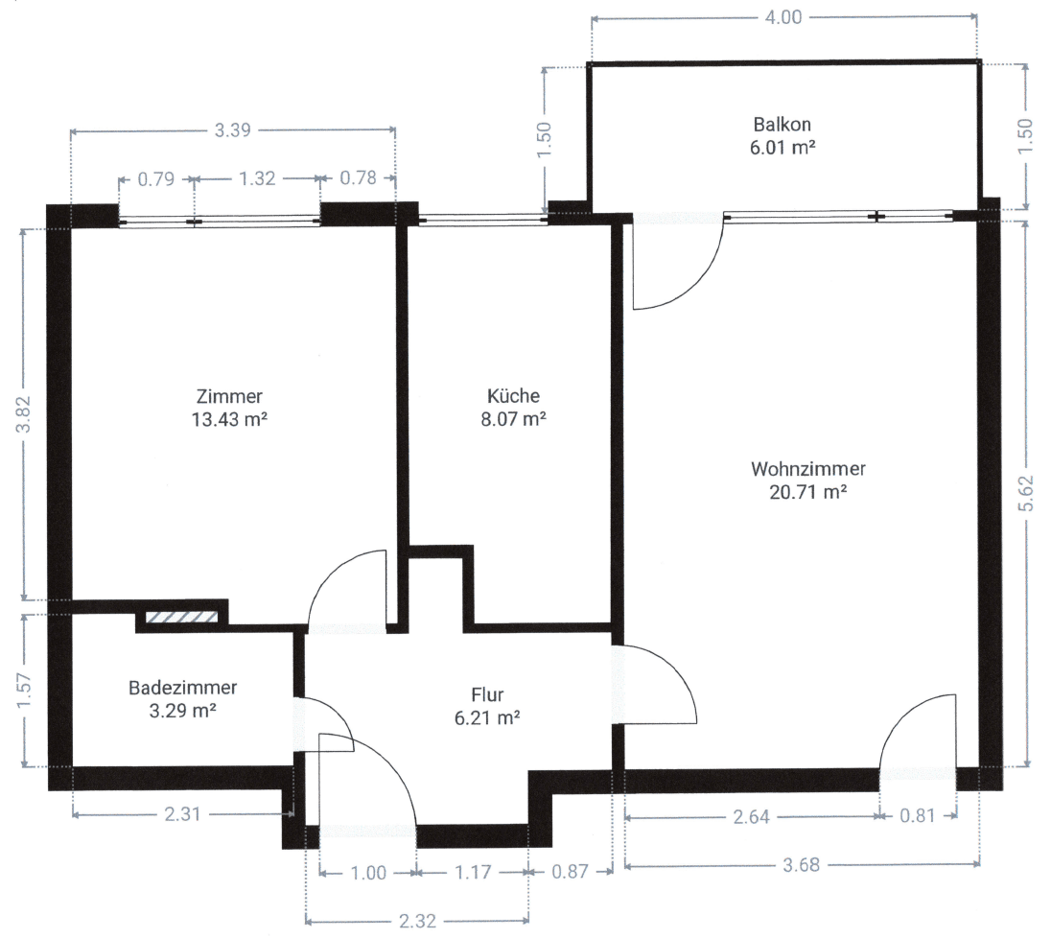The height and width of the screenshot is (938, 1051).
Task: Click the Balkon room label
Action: (782, 124)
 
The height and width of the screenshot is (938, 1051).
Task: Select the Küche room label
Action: (513, 395)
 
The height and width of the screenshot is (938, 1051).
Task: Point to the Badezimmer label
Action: (182, 688)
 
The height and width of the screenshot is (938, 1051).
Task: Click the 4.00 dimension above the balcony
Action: (783, 17)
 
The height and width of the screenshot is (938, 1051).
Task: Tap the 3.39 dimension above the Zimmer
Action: (233, 130)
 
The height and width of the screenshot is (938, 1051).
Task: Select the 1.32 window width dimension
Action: (256, 177)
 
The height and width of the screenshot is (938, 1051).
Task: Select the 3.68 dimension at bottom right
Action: (802, 864)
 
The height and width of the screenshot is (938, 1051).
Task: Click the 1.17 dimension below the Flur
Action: (471, 873)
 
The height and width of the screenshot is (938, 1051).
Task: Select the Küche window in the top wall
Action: (476, 219)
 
